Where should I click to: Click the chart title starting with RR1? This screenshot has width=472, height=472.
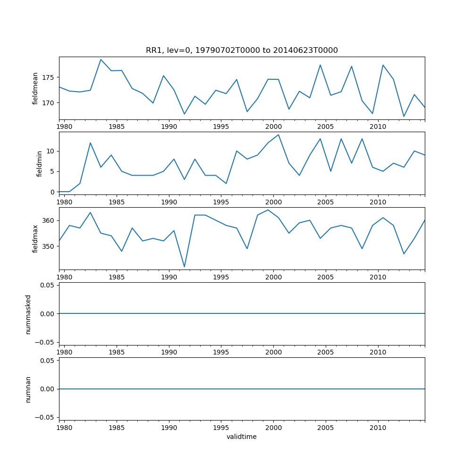click(x=242, y=51)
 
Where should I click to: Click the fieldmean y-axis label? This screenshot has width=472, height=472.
click(x=35, y=88)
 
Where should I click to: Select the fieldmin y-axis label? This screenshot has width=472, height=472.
click(x=40, y=163)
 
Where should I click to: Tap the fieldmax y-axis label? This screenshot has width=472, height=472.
click(x=35, y=239)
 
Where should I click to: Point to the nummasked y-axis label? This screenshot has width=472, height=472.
click(x=28, y=314)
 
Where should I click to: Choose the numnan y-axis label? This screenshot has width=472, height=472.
click(x=28, y=389)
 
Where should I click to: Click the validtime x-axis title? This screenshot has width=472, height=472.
click(x=242, y=437)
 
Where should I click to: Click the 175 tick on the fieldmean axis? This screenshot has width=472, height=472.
click(x=49, y=77)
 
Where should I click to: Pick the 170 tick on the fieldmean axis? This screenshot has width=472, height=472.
click(x=49, y=103)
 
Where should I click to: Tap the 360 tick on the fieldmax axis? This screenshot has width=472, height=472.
click(x=49, y=220)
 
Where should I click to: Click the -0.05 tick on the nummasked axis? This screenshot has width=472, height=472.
click(x=45, y=342)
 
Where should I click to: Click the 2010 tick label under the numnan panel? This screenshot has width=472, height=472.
click(x=378, y=428)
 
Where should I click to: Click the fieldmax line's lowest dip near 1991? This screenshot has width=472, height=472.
click(x=184, y=267)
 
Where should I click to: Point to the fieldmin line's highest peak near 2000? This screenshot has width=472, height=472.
click(x=278, y=135)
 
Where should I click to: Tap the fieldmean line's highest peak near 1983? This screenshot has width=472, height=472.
click(x=101, y=59)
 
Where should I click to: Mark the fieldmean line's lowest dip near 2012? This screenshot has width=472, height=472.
click(x=404, y=117)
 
